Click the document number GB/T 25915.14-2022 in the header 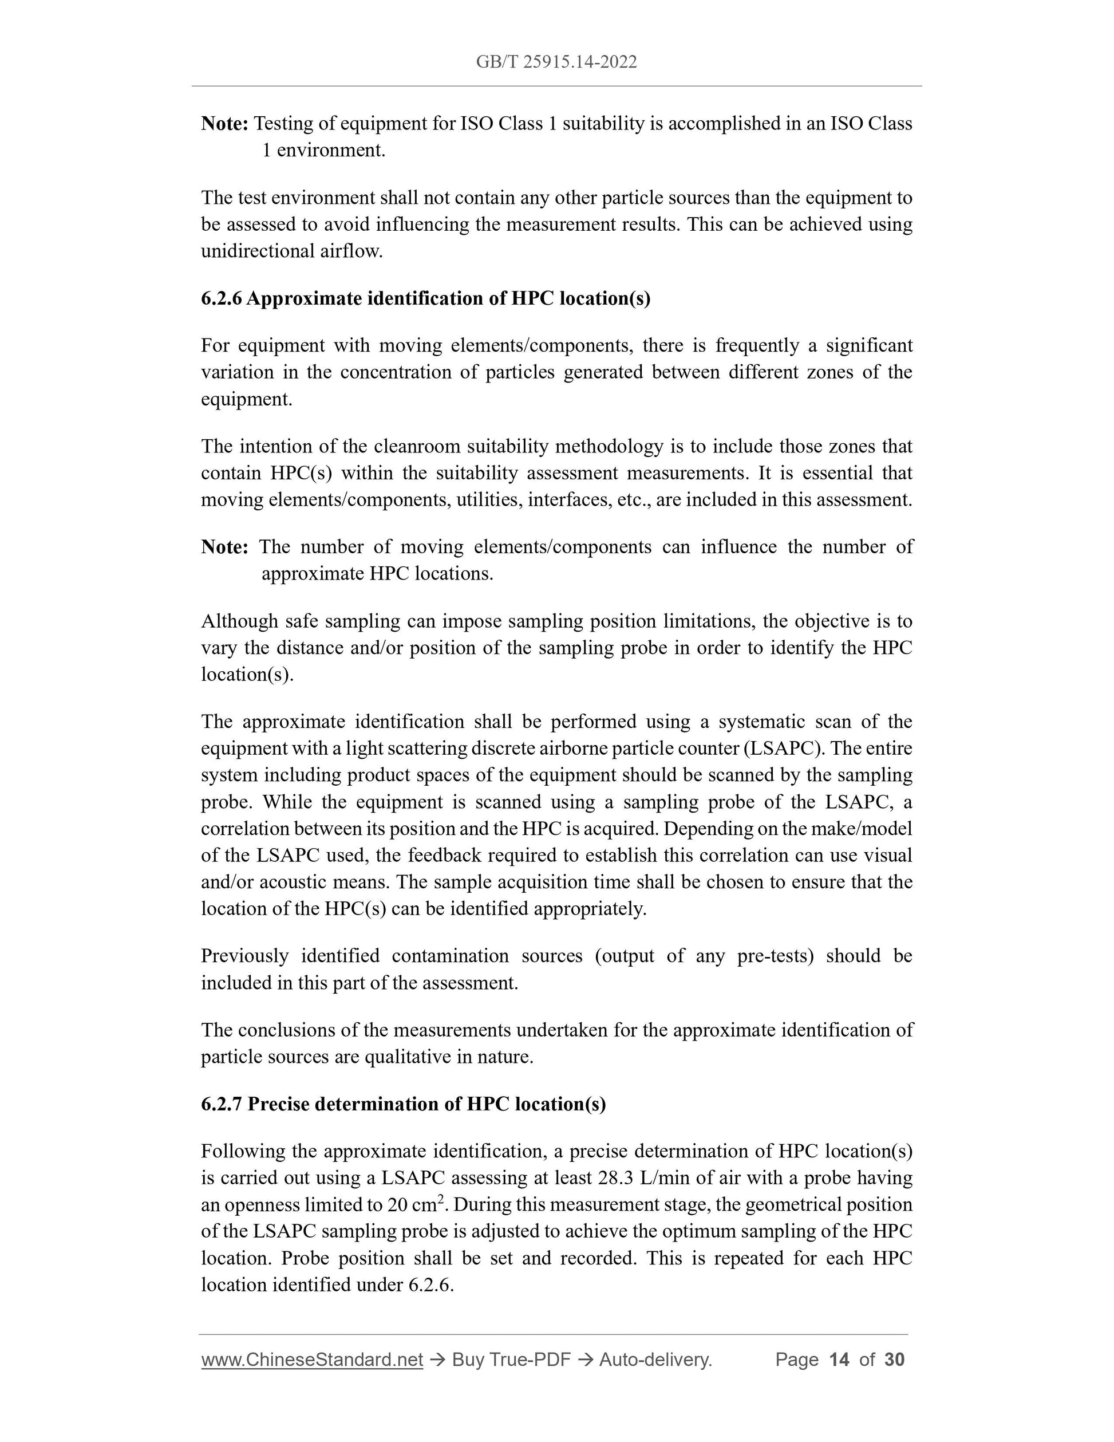pyautogui.click(x=556, y=62)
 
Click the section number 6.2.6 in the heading pyautogui.click(x=221, y=298)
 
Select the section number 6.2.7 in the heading pyautogui.click(x=221, y=1104)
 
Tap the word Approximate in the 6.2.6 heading pyautogui.click(x=303, y=298)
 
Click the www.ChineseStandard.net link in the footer pyautogui.click(x=311, y=1360)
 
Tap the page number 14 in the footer pyautogui.click(x=838, y=1360)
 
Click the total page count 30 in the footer pyautogui.click(x=894, y=1360)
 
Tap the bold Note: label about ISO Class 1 pyautogui.click(x=224, y=124)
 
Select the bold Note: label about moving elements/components pyautogui.click(x=224, y=547)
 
